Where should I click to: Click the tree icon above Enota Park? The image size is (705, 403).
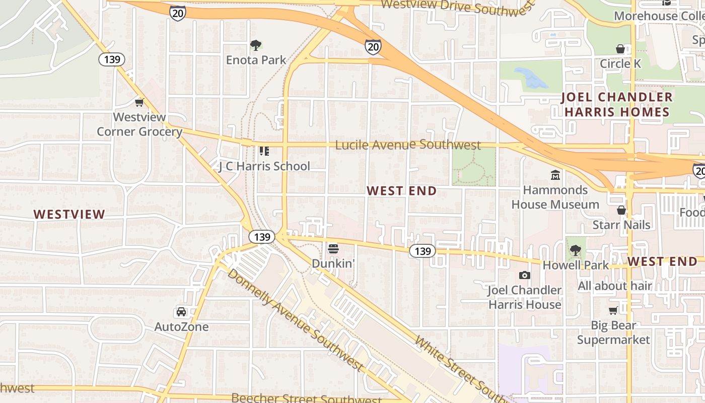click(256, 45)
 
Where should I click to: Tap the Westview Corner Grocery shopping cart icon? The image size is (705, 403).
click(139, 102)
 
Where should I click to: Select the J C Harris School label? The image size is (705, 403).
click(264, 166)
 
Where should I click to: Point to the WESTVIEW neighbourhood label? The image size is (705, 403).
click(69, 214)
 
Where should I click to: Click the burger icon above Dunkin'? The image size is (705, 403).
click(333, 248)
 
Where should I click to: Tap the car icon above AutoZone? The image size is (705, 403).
click(181, 312)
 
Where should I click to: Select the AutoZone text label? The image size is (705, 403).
click(181, 327)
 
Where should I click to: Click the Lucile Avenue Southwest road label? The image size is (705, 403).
click(408, 145)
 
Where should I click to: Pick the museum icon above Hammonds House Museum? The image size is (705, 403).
click(555, 175)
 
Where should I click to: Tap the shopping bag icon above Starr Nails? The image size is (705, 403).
click(621, 210)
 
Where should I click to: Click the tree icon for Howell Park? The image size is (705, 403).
click(575, 250)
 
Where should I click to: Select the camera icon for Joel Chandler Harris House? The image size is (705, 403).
click(525, 275)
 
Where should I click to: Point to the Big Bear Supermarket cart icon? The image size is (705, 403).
click(613, 311)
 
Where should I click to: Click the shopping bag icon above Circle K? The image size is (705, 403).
click(620, 49)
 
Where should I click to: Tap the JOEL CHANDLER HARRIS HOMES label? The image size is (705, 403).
click(617, 104)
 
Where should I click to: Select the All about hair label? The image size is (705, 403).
click(615, 286)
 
